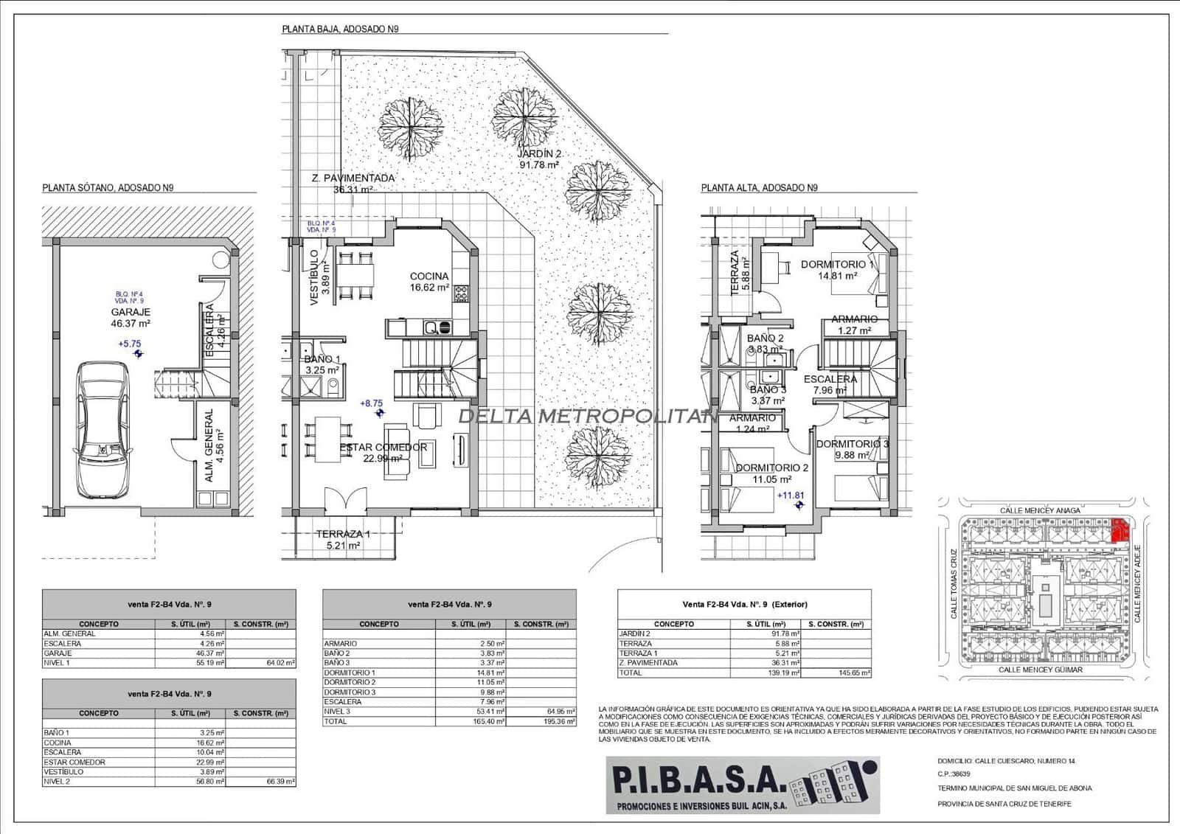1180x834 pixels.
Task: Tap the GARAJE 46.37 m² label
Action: click(131, 318)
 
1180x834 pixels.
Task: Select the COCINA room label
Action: click(429, 277)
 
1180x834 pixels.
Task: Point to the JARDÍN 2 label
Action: click(539, 154)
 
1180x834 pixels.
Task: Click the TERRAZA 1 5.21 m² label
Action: click(343, 540)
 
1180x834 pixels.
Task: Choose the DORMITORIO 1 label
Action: click(837, 264)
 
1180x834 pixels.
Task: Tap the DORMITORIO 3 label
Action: click(852, 444)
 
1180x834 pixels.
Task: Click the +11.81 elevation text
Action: click(790, 496)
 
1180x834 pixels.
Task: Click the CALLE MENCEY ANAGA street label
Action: click(1040, 510)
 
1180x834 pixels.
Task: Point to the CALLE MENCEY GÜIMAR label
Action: click(1040, 670)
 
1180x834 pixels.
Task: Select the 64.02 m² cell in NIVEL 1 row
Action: click(280, 663)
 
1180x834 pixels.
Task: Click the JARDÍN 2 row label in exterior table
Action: click(635, 633)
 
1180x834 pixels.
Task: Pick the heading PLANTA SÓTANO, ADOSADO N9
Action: click(108, 188)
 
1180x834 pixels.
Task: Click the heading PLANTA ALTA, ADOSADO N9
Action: click(759, 188)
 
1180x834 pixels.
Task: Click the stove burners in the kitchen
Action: click(462, 294)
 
